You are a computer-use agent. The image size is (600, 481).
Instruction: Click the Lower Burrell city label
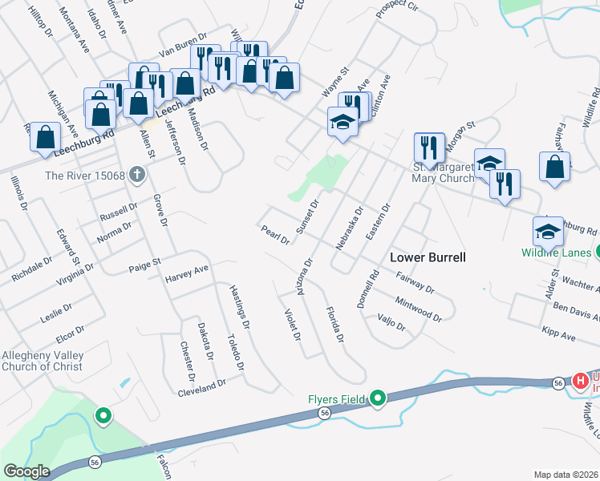(x=428, y=257)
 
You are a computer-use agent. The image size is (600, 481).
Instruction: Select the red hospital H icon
(x=582, y=380)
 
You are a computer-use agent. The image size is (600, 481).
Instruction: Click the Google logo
(x=26, y=471)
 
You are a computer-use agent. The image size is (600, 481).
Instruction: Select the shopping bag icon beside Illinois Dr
(x=46, y=137)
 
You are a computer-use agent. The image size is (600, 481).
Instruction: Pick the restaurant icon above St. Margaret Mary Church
(x=429, y=148)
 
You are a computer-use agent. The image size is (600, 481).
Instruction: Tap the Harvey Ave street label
(x=186, y=274)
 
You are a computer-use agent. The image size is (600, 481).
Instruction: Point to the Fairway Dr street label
(x=416, y=282)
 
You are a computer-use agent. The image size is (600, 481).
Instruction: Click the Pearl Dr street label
(x=274, y=235)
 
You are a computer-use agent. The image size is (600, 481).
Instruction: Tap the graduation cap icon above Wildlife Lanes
(x=548, y=232)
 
